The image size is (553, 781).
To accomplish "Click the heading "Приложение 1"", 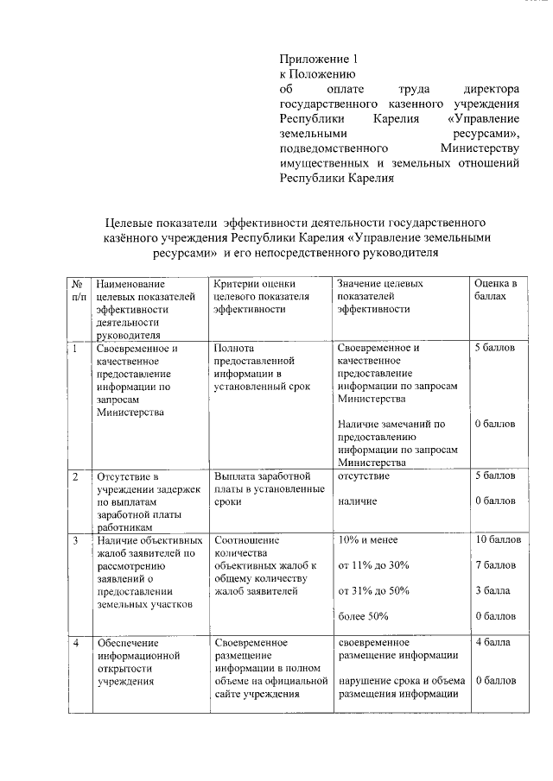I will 317,60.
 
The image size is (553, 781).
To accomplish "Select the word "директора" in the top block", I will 490,90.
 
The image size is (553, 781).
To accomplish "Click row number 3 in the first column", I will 76,541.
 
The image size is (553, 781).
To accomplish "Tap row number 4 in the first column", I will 76,643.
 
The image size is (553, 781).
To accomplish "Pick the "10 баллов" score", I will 498,540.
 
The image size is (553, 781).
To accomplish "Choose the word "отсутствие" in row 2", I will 363,476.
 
